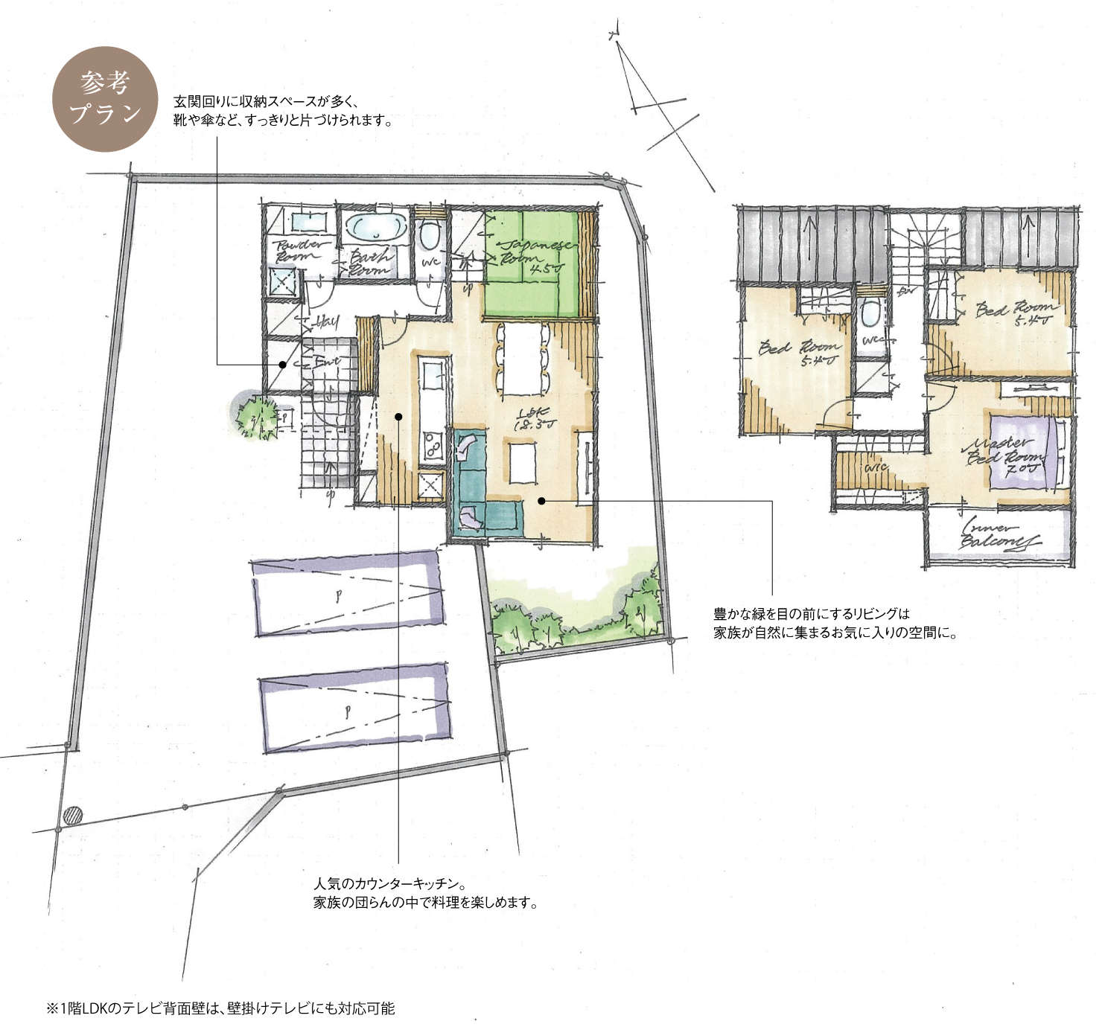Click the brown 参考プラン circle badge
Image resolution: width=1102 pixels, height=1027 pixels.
click(x=105, y=99)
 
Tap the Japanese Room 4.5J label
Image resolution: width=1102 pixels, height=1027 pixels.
click(x=534, y=255)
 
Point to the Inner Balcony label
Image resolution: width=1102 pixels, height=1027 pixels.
click(x=998, y=534)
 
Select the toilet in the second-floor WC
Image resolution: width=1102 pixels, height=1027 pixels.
click(x=869, y=314)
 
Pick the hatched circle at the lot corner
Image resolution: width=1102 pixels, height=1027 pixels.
click(x=72, y=816)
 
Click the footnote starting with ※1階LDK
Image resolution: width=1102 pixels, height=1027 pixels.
click(x=220, y=1008)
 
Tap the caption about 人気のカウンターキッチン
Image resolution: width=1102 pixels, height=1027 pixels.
click(x=424, y=893)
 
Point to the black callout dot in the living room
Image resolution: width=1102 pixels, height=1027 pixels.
click(x=541, y=501)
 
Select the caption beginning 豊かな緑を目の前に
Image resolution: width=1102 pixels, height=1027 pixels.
click(x=835, y=624)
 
